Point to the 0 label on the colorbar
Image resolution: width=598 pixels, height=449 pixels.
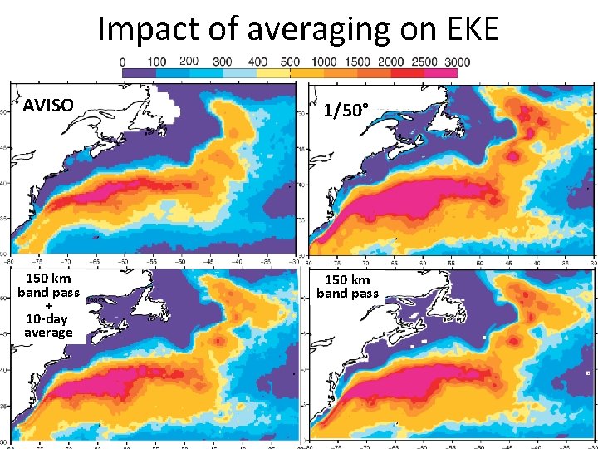123,62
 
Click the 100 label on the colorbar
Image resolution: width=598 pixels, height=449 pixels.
155,62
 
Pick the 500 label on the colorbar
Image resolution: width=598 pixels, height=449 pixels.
290,62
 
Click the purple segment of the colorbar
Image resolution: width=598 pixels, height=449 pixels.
139,73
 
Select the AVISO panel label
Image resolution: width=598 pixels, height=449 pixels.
47,106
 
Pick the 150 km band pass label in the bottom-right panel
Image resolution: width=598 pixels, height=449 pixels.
347,286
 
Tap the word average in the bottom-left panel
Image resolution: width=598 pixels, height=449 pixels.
48,333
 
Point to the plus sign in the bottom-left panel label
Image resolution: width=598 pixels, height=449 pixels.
48,306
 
